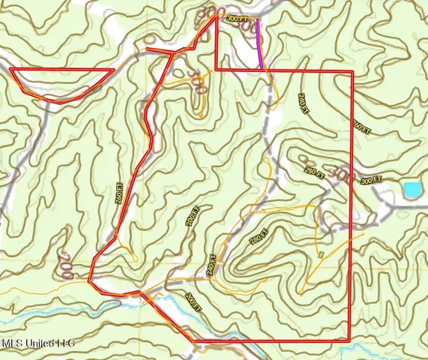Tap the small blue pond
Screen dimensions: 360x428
coord(411,190)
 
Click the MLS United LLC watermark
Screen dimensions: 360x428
coord(37,345)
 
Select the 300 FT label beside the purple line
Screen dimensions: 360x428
coord(237,17)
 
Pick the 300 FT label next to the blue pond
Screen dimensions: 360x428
coord(371,180)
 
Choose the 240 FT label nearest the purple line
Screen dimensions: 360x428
coord(303,103)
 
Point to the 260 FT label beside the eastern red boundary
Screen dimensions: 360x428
coord(362,127)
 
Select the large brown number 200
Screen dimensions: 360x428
coord(64,266)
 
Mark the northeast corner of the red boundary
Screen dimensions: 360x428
coord(352,70)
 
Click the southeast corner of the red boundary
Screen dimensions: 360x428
coord(352,342)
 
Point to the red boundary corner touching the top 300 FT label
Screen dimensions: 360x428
coord(217,15)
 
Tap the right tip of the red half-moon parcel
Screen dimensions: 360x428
coord(114,70)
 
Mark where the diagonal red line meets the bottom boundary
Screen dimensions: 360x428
coord(195,342)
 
